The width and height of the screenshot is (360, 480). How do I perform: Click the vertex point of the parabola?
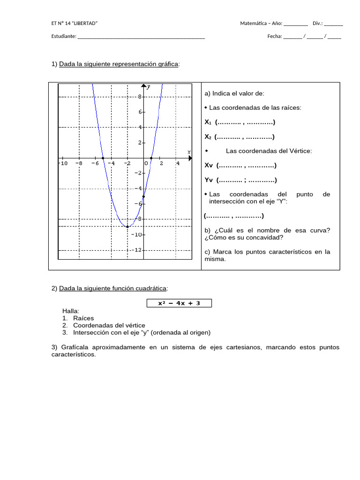coord(127,226)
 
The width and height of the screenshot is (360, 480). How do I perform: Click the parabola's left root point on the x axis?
coord(103,158)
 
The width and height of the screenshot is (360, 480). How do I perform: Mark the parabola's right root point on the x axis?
coord(151,158)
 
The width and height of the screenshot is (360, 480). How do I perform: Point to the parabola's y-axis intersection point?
coord(143,196)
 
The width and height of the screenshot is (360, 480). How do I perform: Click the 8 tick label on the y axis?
coord(139,97)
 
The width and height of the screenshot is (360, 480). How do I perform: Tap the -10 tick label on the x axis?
coord(63,163)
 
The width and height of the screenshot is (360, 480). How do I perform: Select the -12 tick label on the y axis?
coord(137,250)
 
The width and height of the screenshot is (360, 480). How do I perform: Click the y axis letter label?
coord(149,87)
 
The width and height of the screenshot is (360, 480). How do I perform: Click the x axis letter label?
coord(189,152)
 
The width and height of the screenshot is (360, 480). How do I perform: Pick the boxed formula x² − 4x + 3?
coord(179,303)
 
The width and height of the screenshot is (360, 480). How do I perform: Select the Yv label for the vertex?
coord(209,180)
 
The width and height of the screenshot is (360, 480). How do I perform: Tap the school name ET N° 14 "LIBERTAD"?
coord(75,23)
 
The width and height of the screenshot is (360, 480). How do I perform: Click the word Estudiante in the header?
coord(63,37)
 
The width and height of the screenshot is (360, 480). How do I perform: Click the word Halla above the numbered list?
coord(71,311)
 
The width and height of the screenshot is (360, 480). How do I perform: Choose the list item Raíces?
coord(83,318)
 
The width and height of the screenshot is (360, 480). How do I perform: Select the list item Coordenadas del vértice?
coord(109,325)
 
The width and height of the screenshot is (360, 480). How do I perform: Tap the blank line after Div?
coord(333,23)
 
